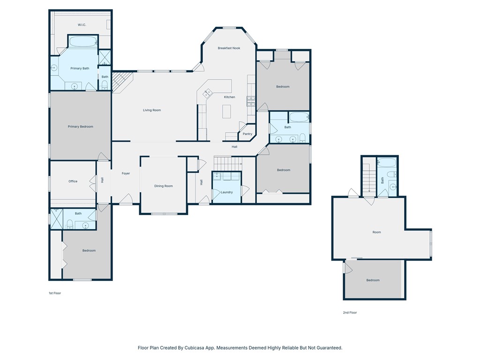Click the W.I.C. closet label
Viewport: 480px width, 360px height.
click(82, 25)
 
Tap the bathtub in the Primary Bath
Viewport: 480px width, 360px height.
click(83, 41)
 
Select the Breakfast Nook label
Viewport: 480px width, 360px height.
click(229, 48)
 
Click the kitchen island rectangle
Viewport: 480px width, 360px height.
click(227, 112)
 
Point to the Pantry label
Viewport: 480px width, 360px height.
click(247, 134)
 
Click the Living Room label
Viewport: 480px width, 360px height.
click(152, 110)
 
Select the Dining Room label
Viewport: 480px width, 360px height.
click(164, 186)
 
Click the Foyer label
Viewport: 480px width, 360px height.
click(126, 173)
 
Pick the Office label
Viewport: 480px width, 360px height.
click(73, 181)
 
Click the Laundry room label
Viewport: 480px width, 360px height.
click(227, 192)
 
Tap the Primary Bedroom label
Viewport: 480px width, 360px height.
click(80, 127)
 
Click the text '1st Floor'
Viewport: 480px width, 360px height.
click(55, 293)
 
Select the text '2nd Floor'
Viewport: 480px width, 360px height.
click(350, 312)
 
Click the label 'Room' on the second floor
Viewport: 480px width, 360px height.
click(376, 232)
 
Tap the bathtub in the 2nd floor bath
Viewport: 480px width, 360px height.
click(387, 163)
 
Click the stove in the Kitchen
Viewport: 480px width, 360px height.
click(251, 100)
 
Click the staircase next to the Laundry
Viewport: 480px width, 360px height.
click(227, 164)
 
